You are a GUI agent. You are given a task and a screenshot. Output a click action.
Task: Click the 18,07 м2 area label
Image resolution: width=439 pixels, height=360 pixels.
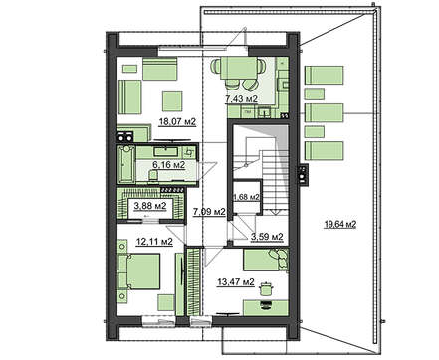point(177,122)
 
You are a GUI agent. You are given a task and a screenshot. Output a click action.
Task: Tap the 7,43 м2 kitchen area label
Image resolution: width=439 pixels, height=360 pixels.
point(242,98)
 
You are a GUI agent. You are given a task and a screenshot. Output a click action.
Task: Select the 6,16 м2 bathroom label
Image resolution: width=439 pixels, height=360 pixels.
point(168,164)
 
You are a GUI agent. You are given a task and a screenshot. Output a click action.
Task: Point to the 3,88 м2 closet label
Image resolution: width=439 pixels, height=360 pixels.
point(150,206)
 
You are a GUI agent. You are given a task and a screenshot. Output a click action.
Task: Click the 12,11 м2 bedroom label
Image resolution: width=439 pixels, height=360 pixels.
point(154,242)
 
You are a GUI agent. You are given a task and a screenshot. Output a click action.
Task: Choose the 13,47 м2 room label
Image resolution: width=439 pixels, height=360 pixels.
point(236,282)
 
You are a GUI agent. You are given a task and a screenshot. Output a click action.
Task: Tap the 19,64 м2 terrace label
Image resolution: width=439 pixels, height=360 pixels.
point(340,225)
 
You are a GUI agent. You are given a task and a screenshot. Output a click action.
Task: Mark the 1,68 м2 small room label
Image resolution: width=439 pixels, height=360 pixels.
point(247,197)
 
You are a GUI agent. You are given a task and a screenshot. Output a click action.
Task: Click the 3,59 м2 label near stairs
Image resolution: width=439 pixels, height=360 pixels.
point(267,237)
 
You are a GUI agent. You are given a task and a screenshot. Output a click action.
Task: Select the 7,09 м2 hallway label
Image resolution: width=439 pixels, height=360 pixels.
point(209,211)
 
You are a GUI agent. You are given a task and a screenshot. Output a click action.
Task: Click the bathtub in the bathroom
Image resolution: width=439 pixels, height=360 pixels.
point(126,164)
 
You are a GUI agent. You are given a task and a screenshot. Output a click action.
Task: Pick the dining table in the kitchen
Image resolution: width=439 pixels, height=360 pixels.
point(239,68)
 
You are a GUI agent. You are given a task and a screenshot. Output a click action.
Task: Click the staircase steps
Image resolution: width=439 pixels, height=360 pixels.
point(275,180)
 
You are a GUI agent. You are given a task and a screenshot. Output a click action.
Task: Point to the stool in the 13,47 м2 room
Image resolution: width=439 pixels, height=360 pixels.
point(265,288)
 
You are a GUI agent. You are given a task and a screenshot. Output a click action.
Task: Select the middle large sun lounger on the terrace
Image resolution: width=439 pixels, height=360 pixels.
point(324,113)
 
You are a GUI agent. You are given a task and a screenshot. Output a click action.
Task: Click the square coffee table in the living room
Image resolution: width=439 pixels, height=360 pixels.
point(172,101)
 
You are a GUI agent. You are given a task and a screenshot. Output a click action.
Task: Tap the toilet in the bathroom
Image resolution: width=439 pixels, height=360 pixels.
point(153,175)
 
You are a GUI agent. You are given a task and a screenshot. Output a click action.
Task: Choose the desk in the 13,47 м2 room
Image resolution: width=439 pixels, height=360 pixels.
point(266,308)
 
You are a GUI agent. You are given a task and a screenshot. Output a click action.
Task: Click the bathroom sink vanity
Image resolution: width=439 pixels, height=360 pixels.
point(168,152)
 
